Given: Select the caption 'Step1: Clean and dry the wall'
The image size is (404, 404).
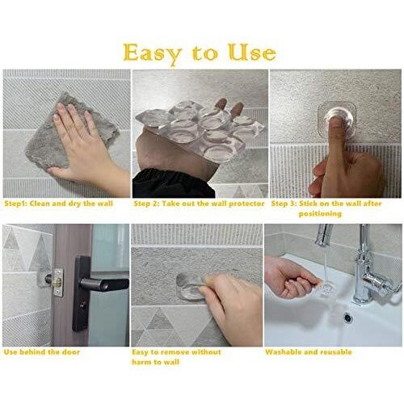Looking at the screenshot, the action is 58,204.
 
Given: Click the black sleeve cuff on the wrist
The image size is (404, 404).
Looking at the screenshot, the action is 172,183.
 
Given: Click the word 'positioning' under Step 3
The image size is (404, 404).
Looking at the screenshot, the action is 320,214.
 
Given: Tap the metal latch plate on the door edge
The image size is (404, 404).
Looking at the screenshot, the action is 58,282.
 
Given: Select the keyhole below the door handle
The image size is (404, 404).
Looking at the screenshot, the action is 83,305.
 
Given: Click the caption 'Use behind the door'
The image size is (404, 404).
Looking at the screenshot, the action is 42,351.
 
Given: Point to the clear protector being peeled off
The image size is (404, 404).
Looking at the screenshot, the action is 188,287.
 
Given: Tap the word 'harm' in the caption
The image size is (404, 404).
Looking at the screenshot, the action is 142,362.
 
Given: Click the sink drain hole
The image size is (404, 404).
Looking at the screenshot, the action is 348,318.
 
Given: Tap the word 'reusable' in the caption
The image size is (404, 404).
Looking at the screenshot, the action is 337,351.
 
